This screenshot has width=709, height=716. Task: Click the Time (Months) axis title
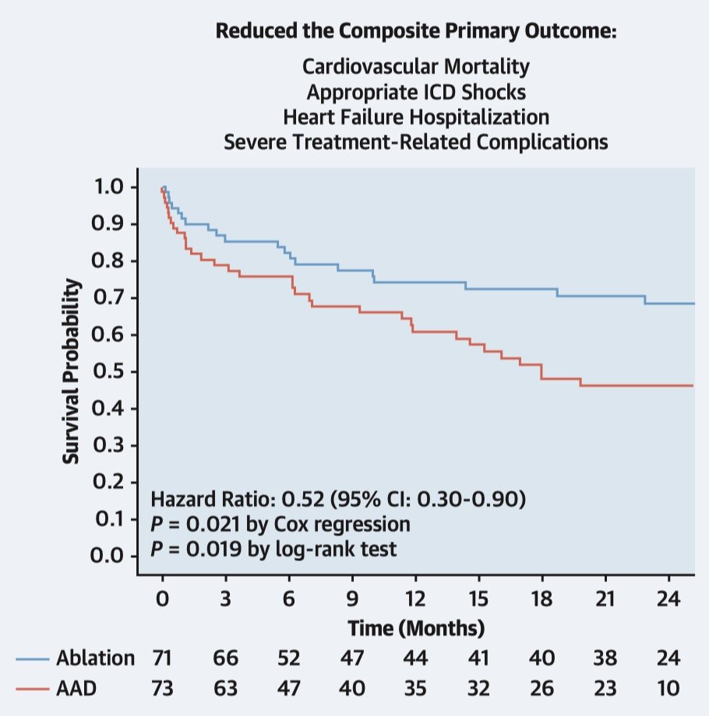416,627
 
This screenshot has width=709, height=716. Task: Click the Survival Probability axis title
72,371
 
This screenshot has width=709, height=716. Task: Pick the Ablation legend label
95,658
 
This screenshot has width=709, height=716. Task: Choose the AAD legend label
76,689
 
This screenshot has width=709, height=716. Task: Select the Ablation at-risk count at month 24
668,658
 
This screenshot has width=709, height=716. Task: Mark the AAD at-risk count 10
668,689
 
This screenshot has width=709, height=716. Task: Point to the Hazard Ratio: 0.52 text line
337,498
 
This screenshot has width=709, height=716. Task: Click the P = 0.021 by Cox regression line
280,524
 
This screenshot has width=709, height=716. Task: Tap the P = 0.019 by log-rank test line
273,549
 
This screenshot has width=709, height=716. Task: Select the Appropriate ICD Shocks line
415,92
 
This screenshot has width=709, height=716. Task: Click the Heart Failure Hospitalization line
415,118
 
